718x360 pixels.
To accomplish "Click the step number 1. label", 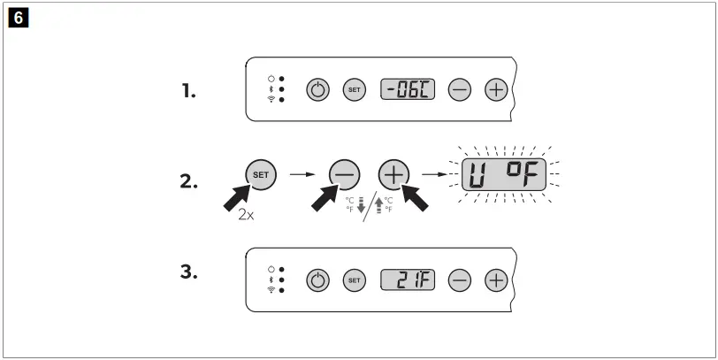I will pos(188,89).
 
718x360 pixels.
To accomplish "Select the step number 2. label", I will pos(188,182).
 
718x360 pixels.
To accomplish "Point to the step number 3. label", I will pos(188,272).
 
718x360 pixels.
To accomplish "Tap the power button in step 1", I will pos(318,89).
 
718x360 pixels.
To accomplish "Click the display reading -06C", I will pos(408,88).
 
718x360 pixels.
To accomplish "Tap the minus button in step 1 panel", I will pos(460,89).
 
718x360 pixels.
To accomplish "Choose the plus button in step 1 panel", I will pos(497,89).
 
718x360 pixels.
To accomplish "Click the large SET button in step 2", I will pos(261,174).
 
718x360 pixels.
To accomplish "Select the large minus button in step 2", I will pos(346,175).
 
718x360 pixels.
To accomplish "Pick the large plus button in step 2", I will pos(394,175).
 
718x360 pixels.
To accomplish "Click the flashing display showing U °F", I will pos(501,175).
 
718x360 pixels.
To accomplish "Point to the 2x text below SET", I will pos(247,214).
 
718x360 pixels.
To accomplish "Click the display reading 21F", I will pos(408,280).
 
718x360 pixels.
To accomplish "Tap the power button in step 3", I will pos(318,280).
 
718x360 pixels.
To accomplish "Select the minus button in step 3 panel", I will pos(460,280).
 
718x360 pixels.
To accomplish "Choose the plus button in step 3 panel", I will pos(497,280).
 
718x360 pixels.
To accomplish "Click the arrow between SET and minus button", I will pos(304,174).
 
